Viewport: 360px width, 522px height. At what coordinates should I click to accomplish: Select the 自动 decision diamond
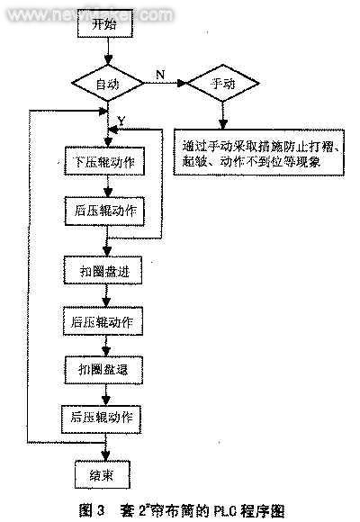point(107,84)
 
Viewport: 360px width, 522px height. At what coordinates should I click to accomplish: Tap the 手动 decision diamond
point(220,84)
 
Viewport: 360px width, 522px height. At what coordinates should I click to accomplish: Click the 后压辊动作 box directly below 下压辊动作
point(105,211)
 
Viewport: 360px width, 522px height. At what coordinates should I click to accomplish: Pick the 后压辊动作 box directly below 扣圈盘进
point(105,320)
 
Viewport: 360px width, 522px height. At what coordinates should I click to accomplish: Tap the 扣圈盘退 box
point(105,369)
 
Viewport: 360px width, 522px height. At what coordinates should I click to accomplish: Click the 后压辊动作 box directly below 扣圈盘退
point(105,418)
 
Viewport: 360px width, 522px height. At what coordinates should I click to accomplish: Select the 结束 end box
point(105,473)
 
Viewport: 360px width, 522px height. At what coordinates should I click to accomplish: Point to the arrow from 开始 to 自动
point(107,52)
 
